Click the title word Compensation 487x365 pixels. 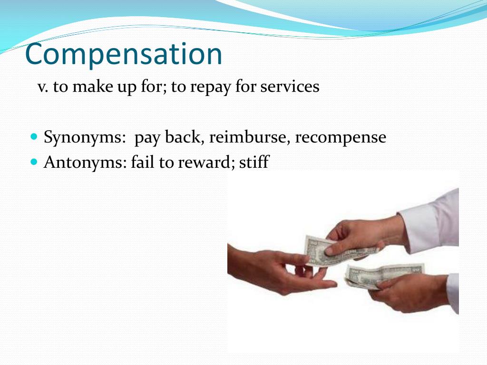[x=124, y=55]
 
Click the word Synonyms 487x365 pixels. [x=85, y=137]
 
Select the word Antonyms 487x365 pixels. [x=85, y=163]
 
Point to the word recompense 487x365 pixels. [x=340, y=137]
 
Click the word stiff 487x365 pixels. [x=254, y=163]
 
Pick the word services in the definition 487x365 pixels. [x=290, y=87]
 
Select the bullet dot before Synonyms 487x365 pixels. [x=33, y=136]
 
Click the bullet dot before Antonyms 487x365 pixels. [x=33, y=162]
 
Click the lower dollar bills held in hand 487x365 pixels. [x=380, y=275]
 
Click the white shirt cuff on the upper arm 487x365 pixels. [x=428, y=221]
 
